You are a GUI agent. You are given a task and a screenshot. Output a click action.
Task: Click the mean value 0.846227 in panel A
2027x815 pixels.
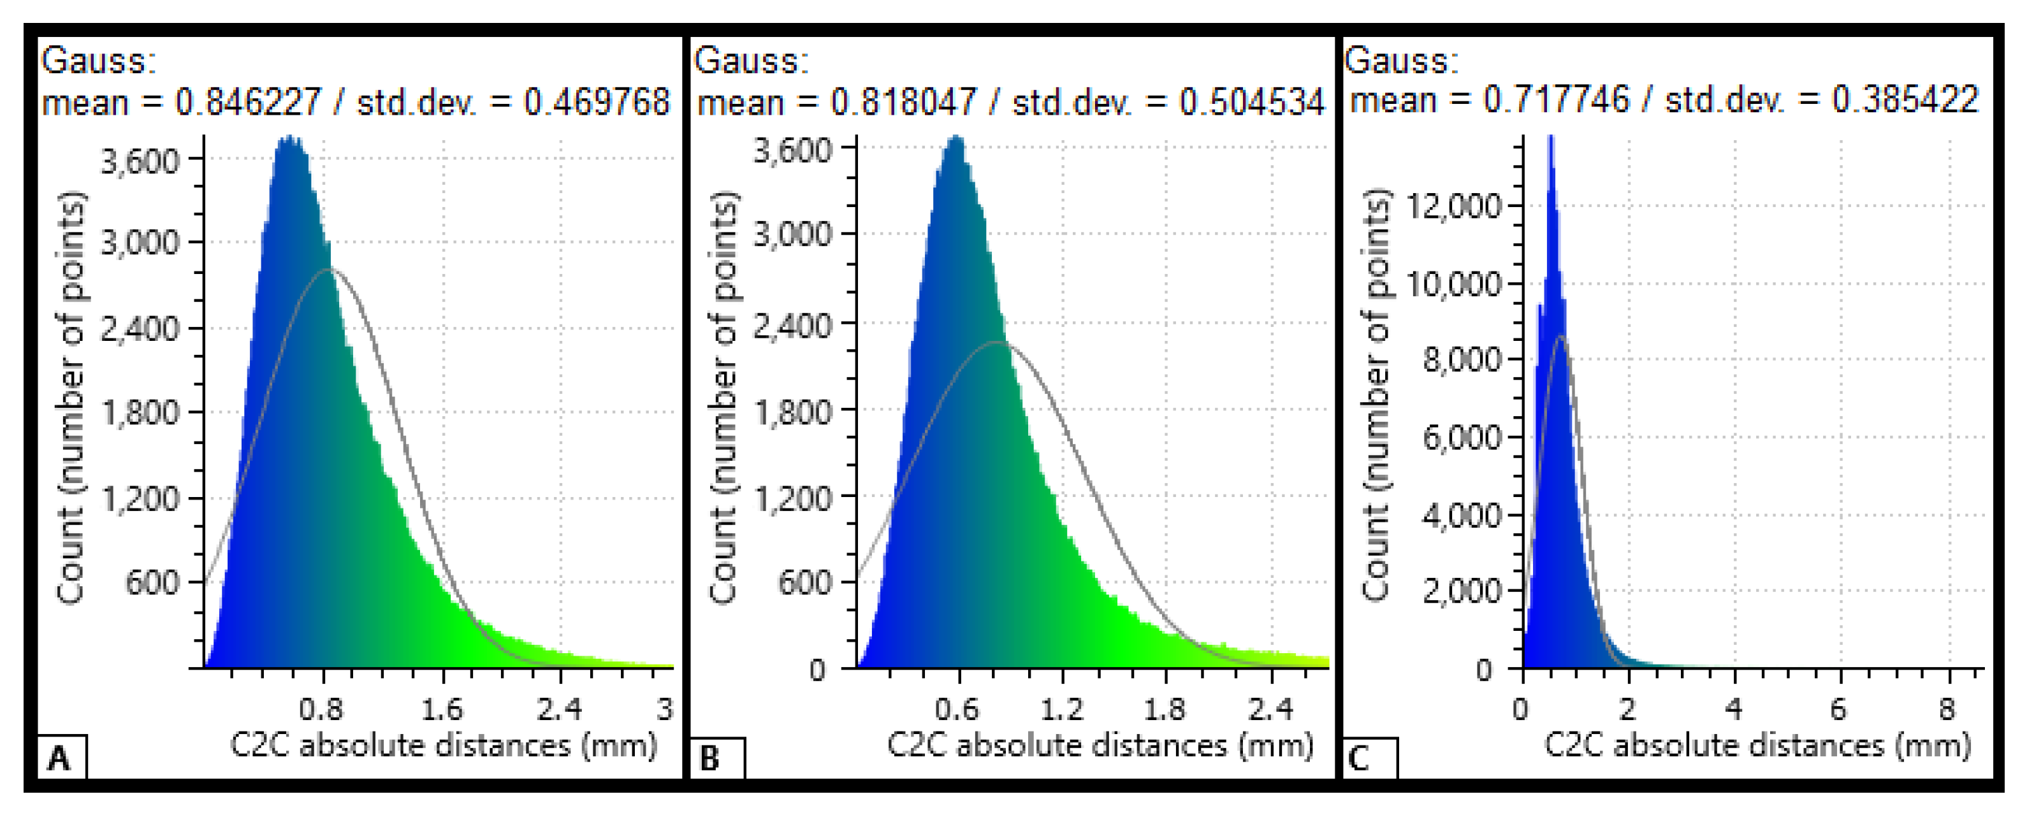point(248,102)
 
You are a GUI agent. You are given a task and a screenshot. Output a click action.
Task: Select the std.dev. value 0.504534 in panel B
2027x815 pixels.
point(1251,102)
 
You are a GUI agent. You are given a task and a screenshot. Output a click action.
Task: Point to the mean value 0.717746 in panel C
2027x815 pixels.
point(1556,100)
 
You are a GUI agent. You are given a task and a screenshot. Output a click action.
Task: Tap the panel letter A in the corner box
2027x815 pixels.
point(59,758)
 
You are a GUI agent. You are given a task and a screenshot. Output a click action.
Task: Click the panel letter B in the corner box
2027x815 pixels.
point(709,758)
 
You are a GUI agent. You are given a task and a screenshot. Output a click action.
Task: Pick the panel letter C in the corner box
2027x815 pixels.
point(1359,758)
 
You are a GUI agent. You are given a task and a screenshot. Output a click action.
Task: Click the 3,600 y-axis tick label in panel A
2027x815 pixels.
point(140,162)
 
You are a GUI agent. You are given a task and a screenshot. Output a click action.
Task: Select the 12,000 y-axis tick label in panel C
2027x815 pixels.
point(1453,207)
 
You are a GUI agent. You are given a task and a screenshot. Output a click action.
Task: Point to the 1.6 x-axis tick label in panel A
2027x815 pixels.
point(442,710)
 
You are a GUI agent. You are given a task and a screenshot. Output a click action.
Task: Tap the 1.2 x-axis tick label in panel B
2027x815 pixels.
point(1061,710)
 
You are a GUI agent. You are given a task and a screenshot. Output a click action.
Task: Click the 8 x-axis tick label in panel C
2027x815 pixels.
point(1947,710)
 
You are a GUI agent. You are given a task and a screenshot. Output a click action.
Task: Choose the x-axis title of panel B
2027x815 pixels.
point(1100,745)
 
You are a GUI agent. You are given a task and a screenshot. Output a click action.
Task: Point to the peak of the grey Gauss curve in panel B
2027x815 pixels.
point(997,342)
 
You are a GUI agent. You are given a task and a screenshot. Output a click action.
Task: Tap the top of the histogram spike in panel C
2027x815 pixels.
point(1550,138)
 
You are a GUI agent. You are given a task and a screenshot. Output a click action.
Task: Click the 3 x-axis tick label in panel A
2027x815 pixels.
point(665,710)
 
